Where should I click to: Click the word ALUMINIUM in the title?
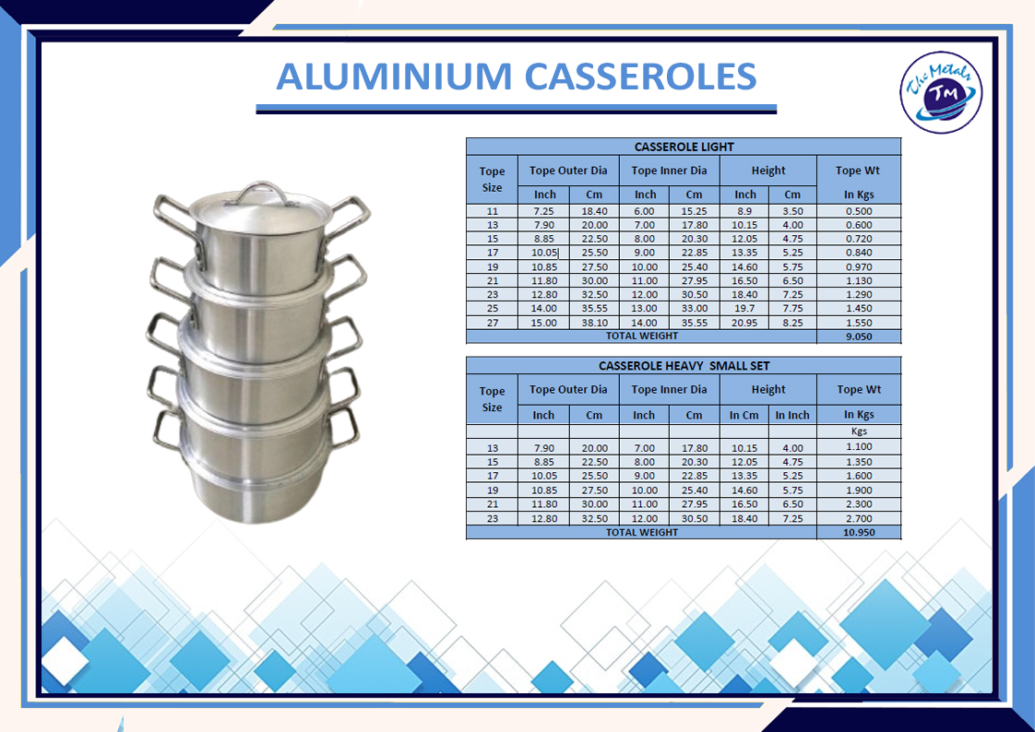(394, 76)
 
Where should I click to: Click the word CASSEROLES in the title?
(641, 76)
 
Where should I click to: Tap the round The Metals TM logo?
(941, 92)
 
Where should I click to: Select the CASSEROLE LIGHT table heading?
(684, 148)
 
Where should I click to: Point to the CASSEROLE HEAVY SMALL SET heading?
(684, 366)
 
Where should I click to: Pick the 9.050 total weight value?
(859, 336)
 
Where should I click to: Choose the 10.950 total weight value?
(859, 532)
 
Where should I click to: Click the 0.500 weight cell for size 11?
(859, 211)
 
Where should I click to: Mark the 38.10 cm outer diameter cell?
(594, 324)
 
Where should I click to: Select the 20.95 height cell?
(744, 324)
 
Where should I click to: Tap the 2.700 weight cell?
(859, 519)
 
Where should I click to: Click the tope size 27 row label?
(493, 324)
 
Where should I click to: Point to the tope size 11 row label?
(493, 211)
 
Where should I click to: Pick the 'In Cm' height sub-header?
(744, 416)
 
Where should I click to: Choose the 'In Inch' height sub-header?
(792, 416)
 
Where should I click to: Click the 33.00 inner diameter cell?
(695, 309)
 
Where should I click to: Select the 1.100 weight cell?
(859, 446)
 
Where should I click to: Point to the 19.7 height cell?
(744, 309)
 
